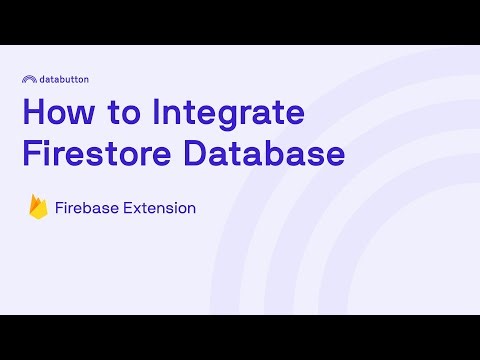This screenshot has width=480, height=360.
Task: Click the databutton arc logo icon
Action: (30, 77)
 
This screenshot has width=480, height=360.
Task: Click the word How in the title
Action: (58, 112)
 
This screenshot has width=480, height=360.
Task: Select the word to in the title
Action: (126, 113)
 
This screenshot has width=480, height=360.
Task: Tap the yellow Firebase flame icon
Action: (38, 208)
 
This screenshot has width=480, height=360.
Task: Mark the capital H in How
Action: (33, 112)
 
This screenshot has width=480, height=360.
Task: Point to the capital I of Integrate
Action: (158, 112)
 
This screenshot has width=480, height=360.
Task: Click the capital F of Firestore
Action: (31, 155)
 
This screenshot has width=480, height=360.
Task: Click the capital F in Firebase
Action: (60, 208)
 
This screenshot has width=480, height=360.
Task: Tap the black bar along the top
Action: (240, 22)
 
